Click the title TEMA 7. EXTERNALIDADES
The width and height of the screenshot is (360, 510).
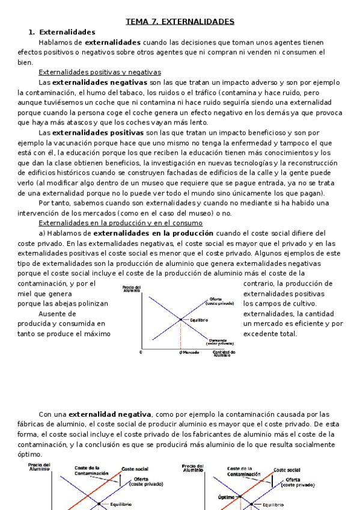point(180,22)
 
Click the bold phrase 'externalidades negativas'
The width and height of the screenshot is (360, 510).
point(100,82)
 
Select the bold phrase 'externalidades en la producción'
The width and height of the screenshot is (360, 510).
point(153,233)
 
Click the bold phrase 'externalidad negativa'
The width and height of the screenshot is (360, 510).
point(110,414)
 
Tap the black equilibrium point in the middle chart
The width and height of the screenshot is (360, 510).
point(181,319)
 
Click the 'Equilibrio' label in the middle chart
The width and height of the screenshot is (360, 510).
point(198,320)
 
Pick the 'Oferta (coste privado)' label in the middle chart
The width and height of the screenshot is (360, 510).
point(219,301)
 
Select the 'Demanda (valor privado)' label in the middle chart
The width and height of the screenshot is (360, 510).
point(218,341)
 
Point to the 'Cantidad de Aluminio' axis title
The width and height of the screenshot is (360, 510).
point(224,354)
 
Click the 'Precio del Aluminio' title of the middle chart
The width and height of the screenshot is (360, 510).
point(131,289)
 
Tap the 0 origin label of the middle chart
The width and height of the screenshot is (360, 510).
point(141,352)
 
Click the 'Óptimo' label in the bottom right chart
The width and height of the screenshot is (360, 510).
point(227,497)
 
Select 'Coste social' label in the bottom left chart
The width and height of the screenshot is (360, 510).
point(135,469)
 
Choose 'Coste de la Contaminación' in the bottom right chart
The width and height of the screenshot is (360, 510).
point(244,471)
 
